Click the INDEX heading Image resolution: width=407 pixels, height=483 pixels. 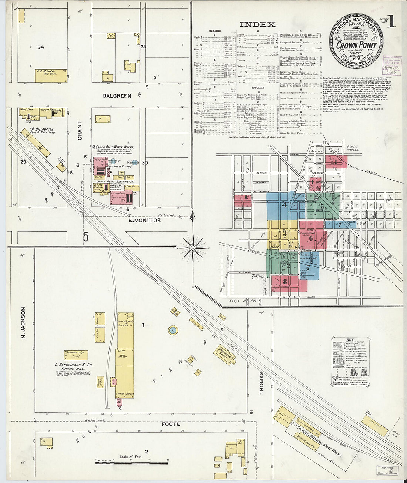(258, 25)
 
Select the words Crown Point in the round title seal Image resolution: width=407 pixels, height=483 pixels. (356, 45)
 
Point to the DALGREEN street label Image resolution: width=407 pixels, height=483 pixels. (117, 95)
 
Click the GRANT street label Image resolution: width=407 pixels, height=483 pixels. (80, 131)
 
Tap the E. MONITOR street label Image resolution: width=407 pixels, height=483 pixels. (144, 220)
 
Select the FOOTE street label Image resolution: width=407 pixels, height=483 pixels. (171, 424)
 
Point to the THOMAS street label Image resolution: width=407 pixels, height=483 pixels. (262, 383)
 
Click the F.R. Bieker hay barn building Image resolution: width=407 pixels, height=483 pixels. (51, 76)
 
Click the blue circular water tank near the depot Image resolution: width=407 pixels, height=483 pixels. (172, 330)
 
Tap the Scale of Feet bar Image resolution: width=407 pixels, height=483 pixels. (131, 462)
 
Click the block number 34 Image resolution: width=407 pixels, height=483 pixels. (41, 47)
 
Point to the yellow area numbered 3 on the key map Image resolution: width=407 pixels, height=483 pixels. (284, 234)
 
